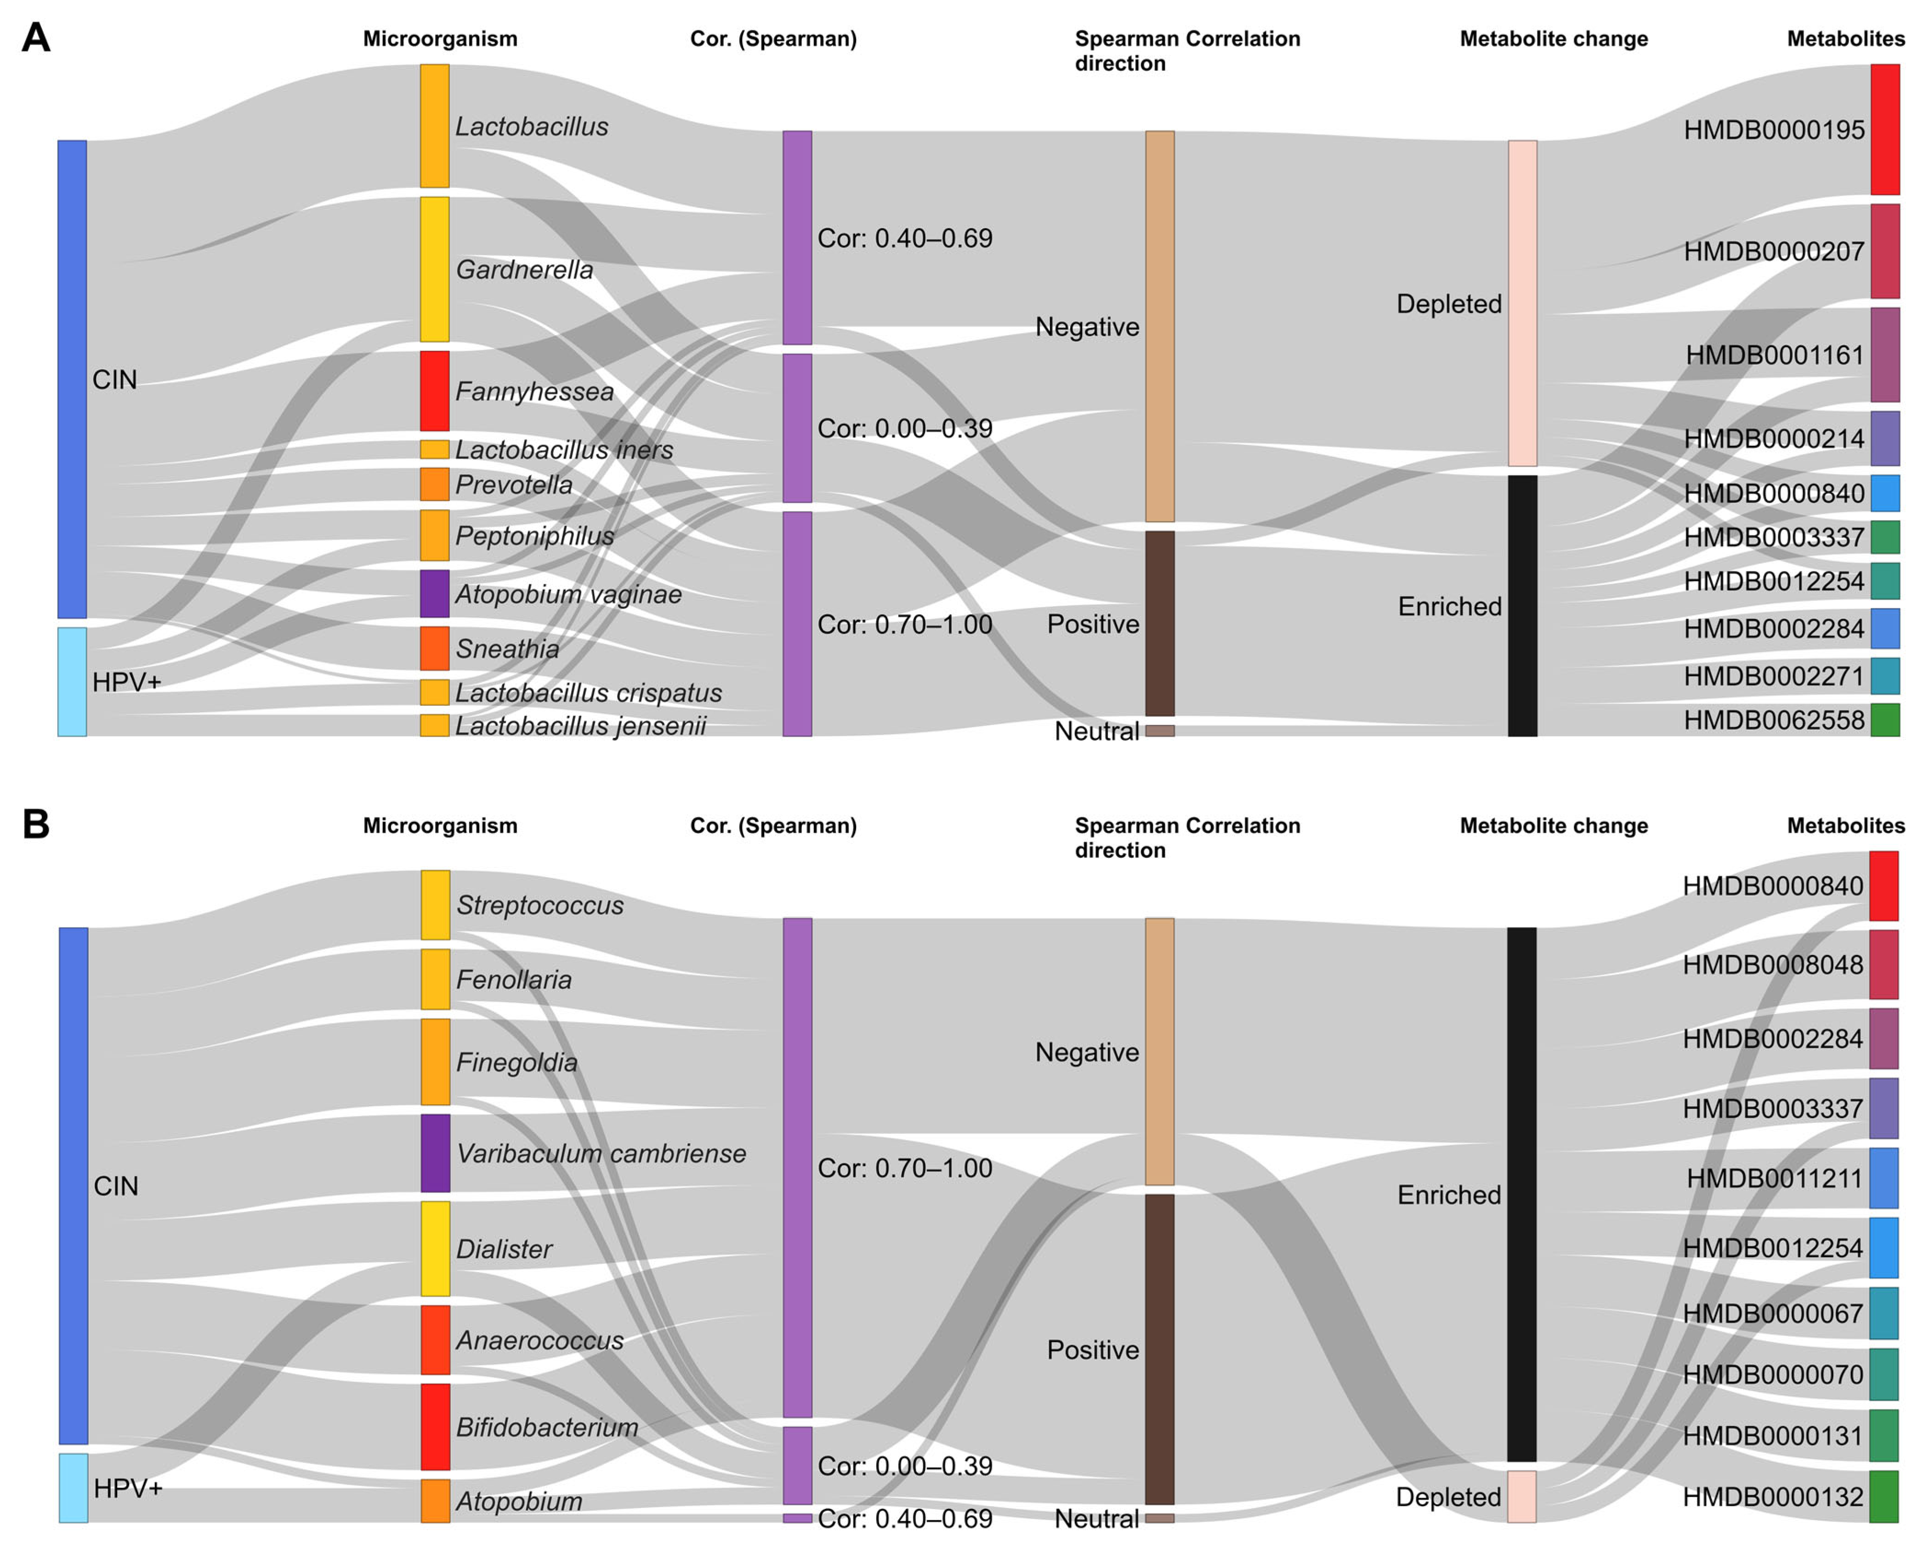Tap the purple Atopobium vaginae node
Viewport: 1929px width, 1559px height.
click(435, 594)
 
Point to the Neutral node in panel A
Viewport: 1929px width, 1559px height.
click(1159, 731)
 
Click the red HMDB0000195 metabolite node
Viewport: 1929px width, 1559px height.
click(1885, 129)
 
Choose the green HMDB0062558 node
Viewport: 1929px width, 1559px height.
click(1885, 720)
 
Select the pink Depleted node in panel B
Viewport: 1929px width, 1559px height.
click(1521, 1496)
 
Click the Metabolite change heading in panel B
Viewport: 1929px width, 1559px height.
click(1554, 825)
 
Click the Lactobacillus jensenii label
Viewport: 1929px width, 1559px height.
click(580, 726)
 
